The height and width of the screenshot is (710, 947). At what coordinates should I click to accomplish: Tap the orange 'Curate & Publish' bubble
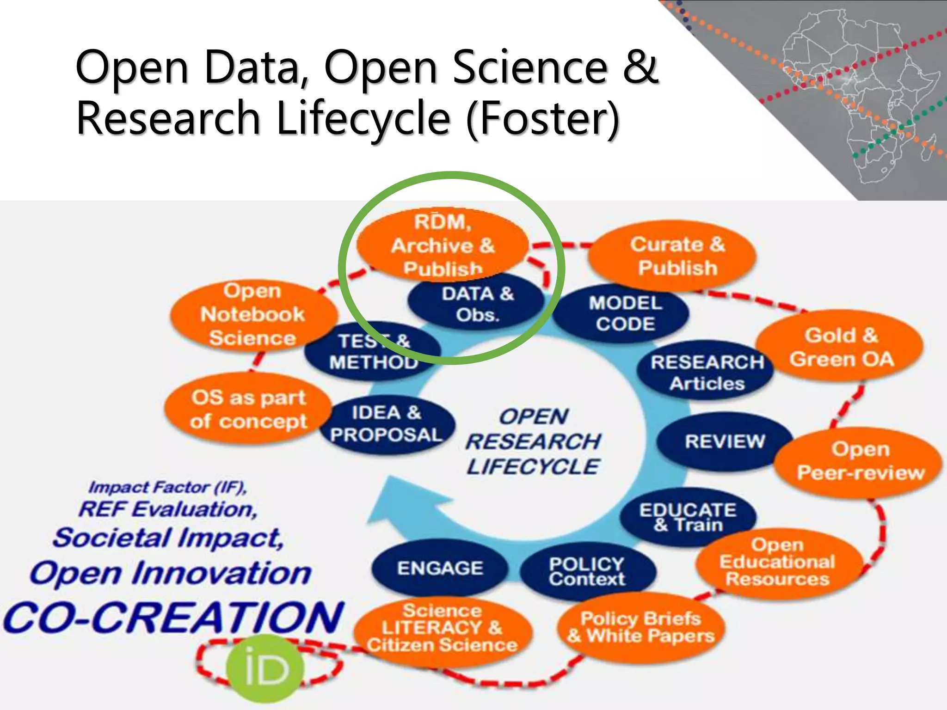(x=672, y=256)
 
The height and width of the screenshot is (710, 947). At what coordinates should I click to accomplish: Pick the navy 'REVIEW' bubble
(x=725, y=441)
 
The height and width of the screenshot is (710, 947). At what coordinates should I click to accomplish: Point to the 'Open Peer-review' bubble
(x=859, y=461)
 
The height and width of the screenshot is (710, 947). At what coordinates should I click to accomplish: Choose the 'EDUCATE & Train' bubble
(x=688, y=517)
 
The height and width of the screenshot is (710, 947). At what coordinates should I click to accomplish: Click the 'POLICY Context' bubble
(x=587, y=571)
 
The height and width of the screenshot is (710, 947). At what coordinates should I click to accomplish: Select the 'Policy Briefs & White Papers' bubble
(x=641, y=627)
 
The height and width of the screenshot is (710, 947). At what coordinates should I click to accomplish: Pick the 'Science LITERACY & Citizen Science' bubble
(x=443, y=629)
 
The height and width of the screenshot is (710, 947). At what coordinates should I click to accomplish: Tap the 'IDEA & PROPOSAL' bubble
(x=387, y=424)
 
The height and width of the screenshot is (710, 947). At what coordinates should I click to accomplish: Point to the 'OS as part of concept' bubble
(x=249, y=410)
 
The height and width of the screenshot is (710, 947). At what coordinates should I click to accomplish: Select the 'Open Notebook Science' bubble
(x=253, y=314)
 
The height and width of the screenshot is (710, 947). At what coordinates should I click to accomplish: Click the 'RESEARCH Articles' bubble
(x=706, y=373)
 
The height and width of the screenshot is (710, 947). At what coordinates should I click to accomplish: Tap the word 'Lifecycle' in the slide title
(x=363, y=117)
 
